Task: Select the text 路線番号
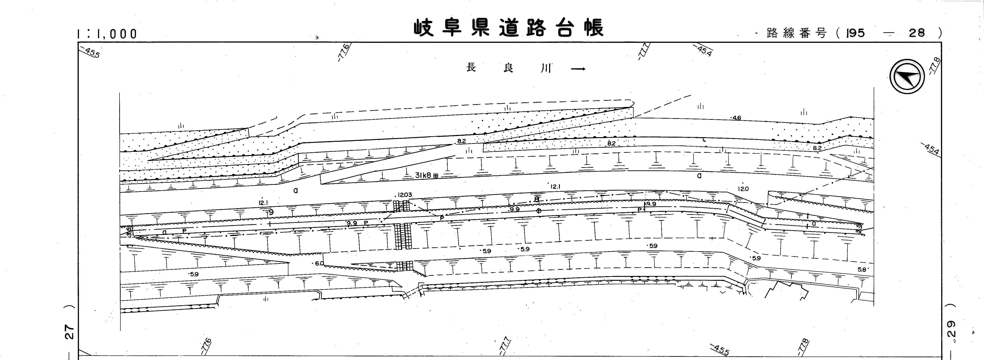point(797,33)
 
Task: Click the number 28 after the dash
point(916,33)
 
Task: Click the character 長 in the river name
point(471,68)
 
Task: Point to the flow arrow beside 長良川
point(577,69)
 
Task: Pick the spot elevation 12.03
point(404,195)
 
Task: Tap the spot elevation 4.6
point(736,118)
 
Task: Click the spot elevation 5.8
point(862,269)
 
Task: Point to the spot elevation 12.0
point(743,189)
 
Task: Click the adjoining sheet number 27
point(68,332)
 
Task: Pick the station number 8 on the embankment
point(537,199)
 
